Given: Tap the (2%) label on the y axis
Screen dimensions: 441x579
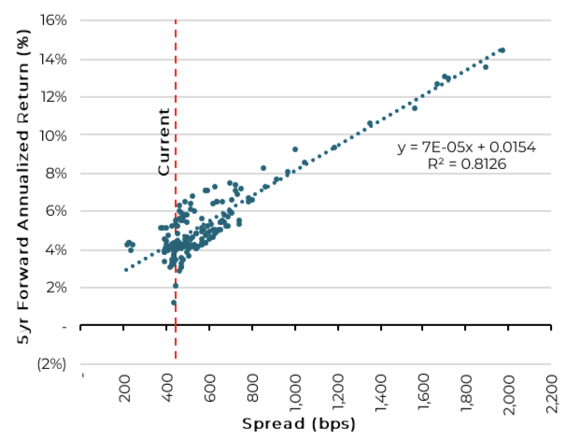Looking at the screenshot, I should pos(51,363).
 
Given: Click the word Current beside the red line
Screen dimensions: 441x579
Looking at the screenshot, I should pos(164,142).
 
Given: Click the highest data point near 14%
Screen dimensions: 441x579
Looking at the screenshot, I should pos(502,50).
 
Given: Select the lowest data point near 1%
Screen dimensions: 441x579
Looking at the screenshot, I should pos(173,303).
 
